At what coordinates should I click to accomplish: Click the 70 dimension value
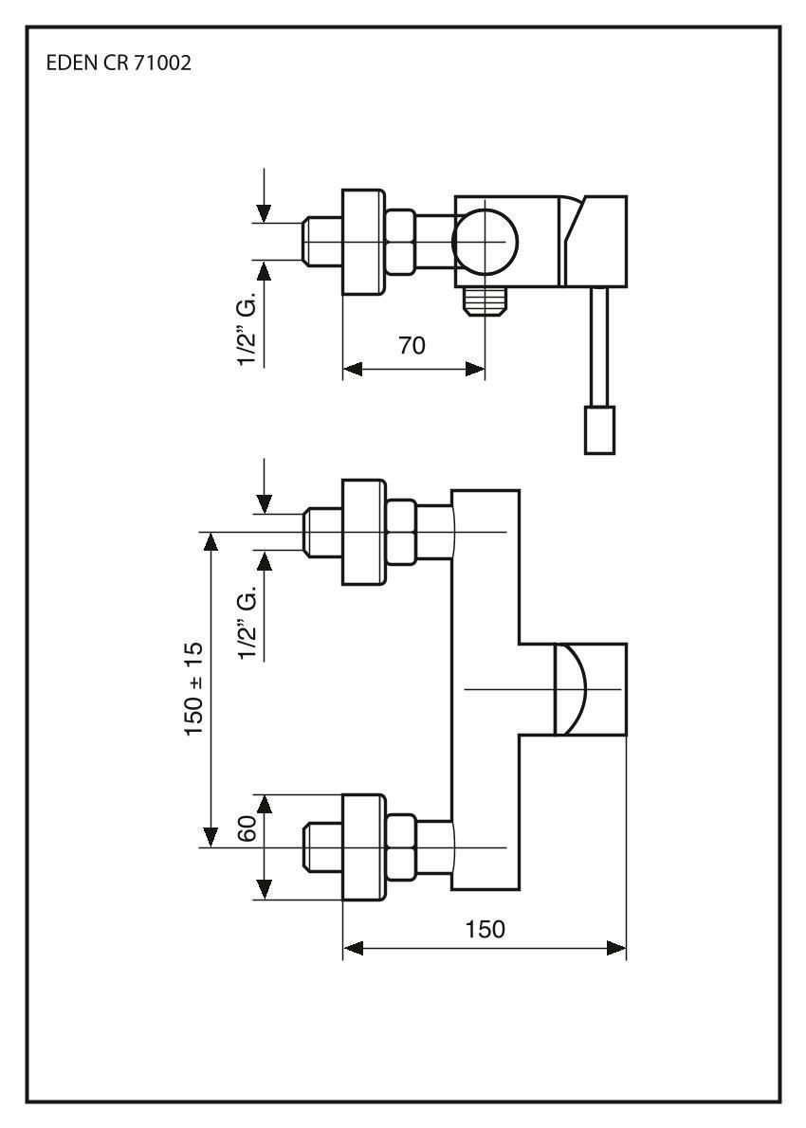coord(411,346)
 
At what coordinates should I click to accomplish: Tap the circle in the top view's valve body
coord(485,242)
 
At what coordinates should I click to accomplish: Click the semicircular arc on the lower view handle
coord(573,689)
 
